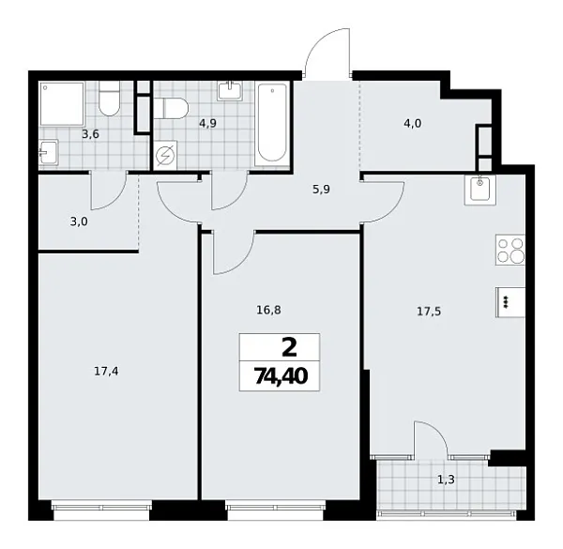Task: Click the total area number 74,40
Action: click(280, 377)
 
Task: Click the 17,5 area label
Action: click(430, 312)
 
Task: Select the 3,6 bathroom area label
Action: click(90, 134)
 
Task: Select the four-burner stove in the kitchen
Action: click(510, 252)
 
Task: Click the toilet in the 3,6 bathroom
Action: click(110, 99)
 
